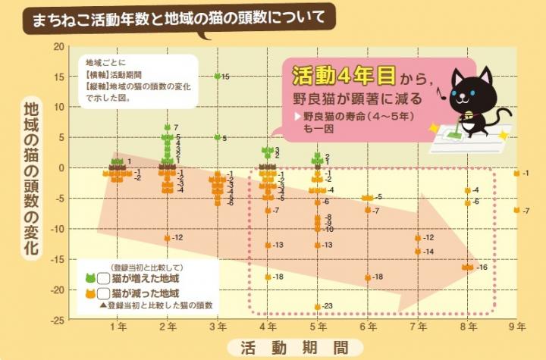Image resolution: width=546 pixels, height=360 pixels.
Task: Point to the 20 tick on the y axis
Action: (58, 46)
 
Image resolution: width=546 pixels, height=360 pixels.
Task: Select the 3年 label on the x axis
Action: (218, 327)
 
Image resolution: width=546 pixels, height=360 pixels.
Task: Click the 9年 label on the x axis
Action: (516, 327)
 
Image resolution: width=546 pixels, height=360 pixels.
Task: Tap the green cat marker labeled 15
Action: (218, 77)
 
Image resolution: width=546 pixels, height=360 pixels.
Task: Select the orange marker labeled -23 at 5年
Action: (317, 306)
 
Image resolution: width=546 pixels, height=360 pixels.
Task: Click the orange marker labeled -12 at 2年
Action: (167, 238)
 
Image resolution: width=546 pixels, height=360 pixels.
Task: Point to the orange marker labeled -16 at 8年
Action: (467, 267)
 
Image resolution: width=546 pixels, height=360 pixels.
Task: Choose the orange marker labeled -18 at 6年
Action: (368, 277)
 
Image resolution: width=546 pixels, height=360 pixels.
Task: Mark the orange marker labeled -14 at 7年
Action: (418, 251)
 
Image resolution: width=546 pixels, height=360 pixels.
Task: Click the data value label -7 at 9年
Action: (526, 210)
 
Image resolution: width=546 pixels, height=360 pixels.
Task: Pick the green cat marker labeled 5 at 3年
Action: (218, 137)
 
